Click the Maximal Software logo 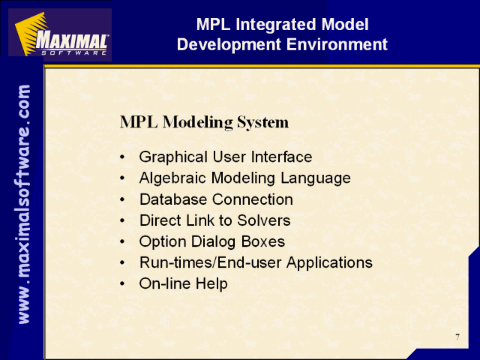point(60,34)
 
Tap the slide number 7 point(457,337)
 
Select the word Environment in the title point(337,44)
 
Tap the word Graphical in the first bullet point(173,157)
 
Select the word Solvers point(263,220)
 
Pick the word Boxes point(263,241)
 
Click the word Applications point(329,263)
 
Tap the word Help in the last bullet point(211,283)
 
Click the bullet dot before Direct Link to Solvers point(122,220)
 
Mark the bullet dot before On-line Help point(122,283)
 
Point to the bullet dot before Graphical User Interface point(122,157)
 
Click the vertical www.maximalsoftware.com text point(23,204)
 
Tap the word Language point(316,178)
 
